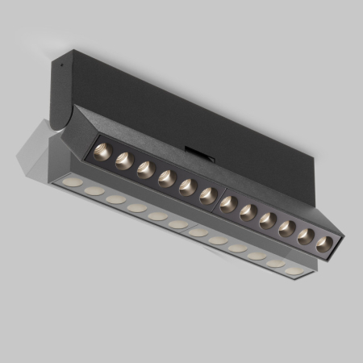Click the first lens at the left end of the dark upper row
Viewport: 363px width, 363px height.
(103, 150)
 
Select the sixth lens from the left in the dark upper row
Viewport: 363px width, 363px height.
(207, 194)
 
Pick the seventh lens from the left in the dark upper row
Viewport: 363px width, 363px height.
(228, 203)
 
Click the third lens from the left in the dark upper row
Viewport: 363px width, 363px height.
(145, 169)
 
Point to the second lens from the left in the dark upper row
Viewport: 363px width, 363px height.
(124, 160)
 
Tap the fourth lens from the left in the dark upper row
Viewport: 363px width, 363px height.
(167, 177)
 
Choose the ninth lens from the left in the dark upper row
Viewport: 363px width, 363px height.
(268, 219)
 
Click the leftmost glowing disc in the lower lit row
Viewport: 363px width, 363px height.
(73, 182)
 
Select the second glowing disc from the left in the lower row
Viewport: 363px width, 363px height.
(94, 190)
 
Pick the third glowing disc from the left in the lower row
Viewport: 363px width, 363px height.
(116, 198)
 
